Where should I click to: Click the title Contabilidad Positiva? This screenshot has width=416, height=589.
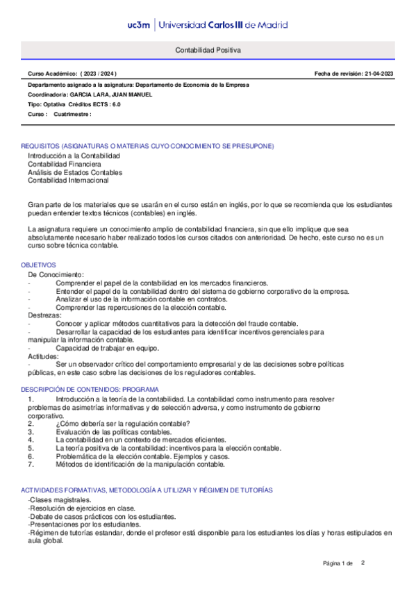pyautogui.click(x=208, y=51)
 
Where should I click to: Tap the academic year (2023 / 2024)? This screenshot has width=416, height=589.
pyautogui.click(x=99, y=73)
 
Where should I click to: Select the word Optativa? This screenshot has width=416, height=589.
pyautogui.click(x=54, y=104)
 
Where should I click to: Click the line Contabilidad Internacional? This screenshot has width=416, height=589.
pyautogui.click(x=68, y=181)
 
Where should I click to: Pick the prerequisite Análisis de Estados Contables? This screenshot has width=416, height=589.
pyautogui.click(x=75, y=172)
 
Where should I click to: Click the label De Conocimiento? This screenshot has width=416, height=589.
pyautogui.click(x=56, y=275)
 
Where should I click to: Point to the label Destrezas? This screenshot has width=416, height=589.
pyautogui.click(x=44, y=315)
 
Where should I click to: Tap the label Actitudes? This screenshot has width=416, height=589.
pyautogui.click(x=43, y=356)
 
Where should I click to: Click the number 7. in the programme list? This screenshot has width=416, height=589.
pyautogui.click(x=31, y=464)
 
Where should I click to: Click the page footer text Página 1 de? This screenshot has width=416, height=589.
pyautogui.click(x=338, y=563)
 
